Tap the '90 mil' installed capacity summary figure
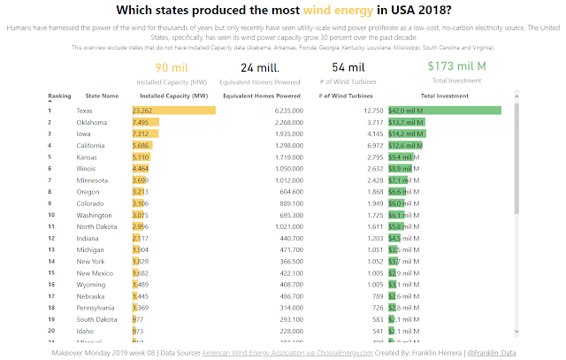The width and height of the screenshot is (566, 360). pyautogui.click(x=172, y=67)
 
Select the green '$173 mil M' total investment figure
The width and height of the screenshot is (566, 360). pyautogui.click(x=456, y=66)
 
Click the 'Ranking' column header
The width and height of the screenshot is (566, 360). pyautogui.click(x=60, y=95)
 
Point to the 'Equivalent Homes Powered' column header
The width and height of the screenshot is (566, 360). pyautogui.click(x=261, y=95)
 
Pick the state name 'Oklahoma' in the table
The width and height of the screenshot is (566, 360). pyautogui.click(x=92, y=121)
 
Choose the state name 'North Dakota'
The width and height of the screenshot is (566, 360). pyautogui.click(x=96, y=226)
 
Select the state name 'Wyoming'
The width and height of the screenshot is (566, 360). pyautogui.click(x=91, y=285)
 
